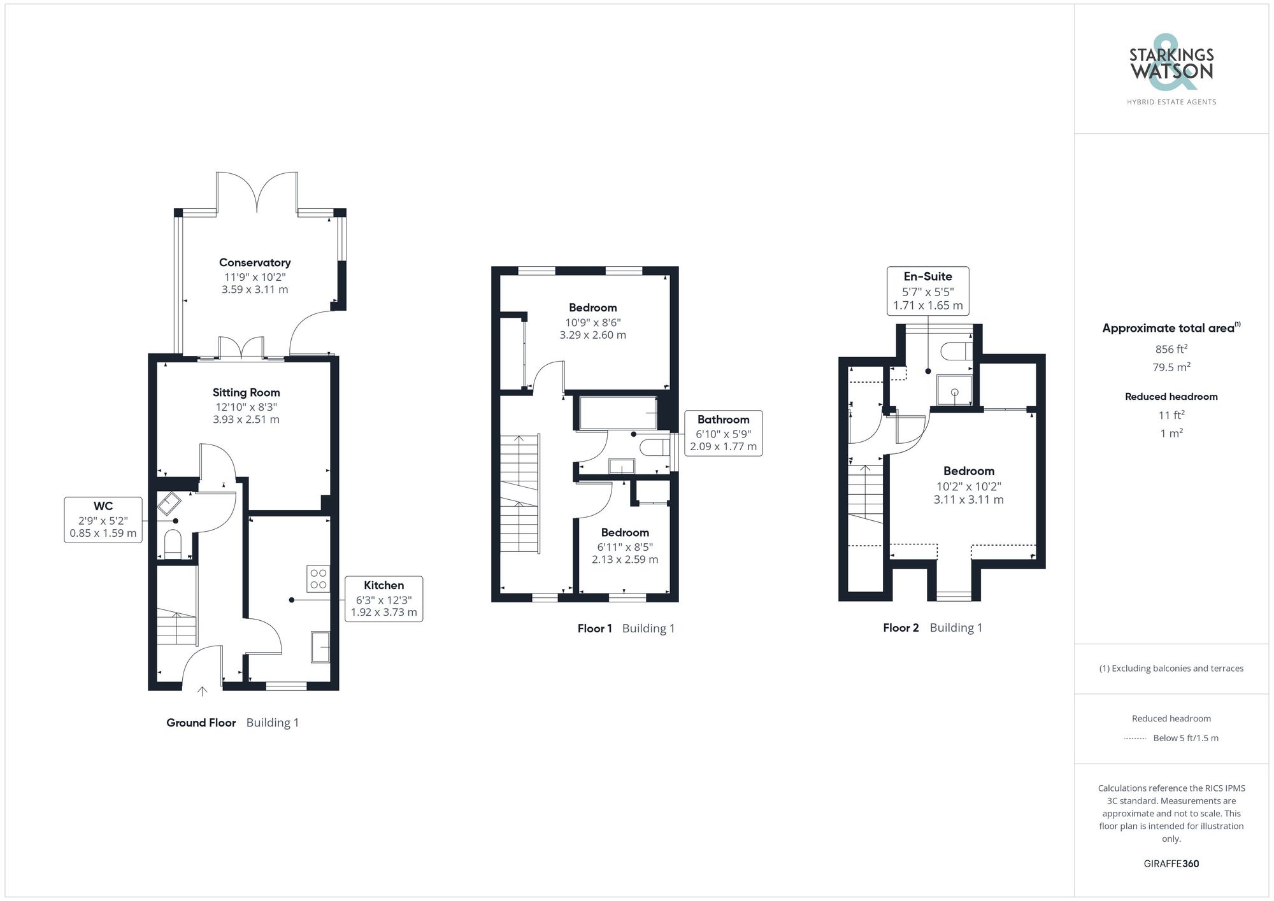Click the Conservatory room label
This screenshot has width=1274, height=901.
pyautogui.click(x=255, y=262)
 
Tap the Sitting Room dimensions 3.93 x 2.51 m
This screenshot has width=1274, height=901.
pyautogui.click(x=246, y=420)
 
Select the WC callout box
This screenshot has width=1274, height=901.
pyautogui.click(x=103, y=520)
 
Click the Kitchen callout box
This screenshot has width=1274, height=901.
pyautogui.click(x=383, y=599)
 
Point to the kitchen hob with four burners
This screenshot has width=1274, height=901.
pyautogui.click(x=318, y=579)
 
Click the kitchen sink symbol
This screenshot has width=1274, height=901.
pyautogui.click(x=320, y=647)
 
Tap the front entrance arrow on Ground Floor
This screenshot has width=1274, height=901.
pyautogui.click(x=203, y=691)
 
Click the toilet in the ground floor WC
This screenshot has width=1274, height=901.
pyautogui.click(x=173, y=543)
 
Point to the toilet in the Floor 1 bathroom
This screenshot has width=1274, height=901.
pyautogui.click(x=654, y=448)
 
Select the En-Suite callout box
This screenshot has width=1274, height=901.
pyautogui.click(x=927, y=291)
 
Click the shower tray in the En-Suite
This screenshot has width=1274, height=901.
pyautogui.click(x=954, y=390)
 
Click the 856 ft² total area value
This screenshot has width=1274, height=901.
pyautogui.click(x=1171, y=349)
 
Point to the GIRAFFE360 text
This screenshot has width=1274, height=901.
pyautogui.click(x=1171, y=864)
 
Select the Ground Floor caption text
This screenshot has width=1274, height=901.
pyautogui.click(x=201, y=723)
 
